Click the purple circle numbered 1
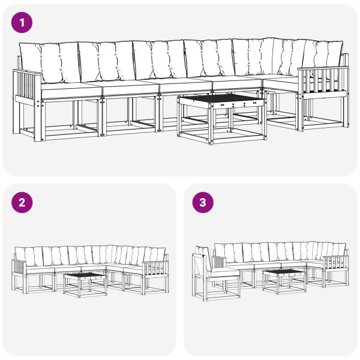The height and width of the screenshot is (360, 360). (x=23, y=23)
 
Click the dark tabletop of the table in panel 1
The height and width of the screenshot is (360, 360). (x=221, y=98)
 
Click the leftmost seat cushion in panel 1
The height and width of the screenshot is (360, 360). (x=69, y=89)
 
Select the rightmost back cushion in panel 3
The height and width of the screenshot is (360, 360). (x=338, y=249)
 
